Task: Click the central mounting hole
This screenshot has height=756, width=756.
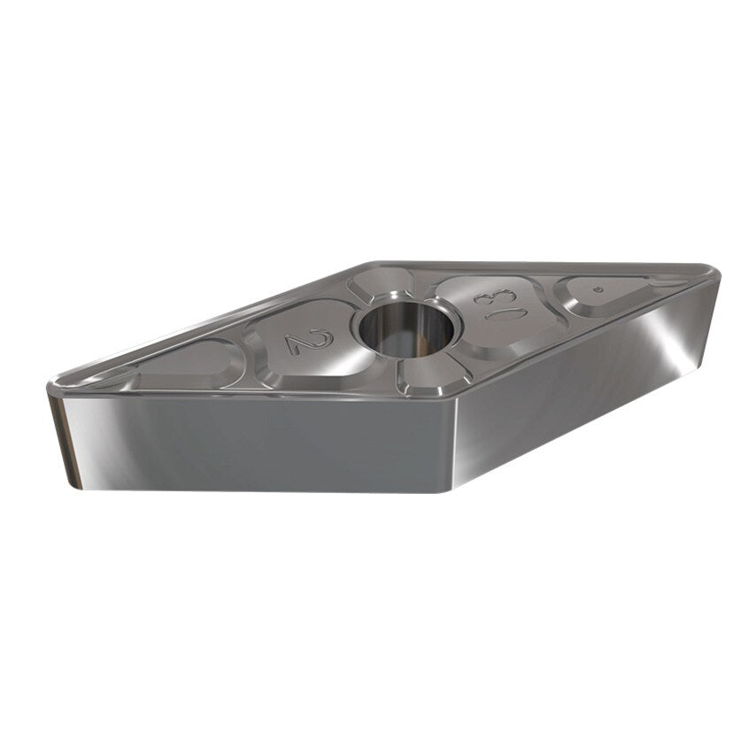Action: tap(406, 328)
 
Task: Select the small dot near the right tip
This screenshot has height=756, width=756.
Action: tap(599, 289)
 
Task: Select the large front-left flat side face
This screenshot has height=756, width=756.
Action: tap(257, 443)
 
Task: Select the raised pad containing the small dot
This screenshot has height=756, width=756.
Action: tap(602, 295)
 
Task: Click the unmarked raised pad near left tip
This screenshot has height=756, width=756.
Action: tap(190, 366)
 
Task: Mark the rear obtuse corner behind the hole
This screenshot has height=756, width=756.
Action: tap(372, 264)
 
